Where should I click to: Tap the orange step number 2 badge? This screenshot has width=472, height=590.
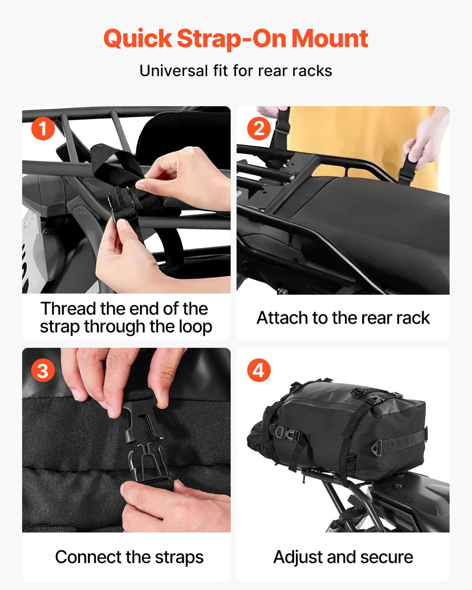point(259,129)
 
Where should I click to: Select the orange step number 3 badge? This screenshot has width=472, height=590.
point(43,371)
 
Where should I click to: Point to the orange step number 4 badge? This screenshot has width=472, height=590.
point(259,371)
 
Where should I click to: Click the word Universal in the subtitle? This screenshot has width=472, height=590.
point(173,71)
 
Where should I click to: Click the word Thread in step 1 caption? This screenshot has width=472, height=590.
point(68,309)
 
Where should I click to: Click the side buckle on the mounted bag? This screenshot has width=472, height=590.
point(287,435)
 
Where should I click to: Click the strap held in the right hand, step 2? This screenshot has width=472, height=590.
point(410,168)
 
